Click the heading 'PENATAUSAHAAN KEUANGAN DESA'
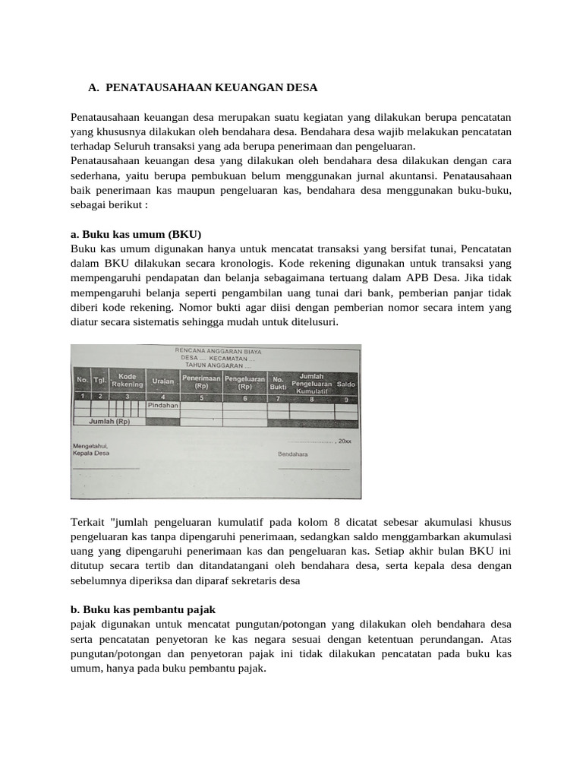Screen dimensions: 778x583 [x=211, y=88]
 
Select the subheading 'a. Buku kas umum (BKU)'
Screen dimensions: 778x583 [x=136, y=233]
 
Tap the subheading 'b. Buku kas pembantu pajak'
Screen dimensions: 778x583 [x=143, y=609]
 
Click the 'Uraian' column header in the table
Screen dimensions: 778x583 [x=163, y=381]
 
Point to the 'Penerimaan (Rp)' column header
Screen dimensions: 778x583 [x=201, y=381]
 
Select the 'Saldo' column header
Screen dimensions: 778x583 [x=346, y=384]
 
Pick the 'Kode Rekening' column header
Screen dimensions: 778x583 [x=127, y=380]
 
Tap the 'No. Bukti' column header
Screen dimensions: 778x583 [x=279, y=382]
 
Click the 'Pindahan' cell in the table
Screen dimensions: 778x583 [x=163, y=406]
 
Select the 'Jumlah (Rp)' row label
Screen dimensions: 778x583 [x=109, y=421]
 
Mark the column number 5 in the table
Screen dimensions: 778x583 [x=201, y=397]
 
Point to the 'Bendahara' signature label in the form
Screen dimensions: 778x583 [x=292, y=454]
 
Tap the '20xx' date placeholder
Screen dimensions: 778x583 [x=345, y=441]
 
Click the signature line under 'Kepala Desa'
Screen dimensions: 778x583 [x=106, y=469]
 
